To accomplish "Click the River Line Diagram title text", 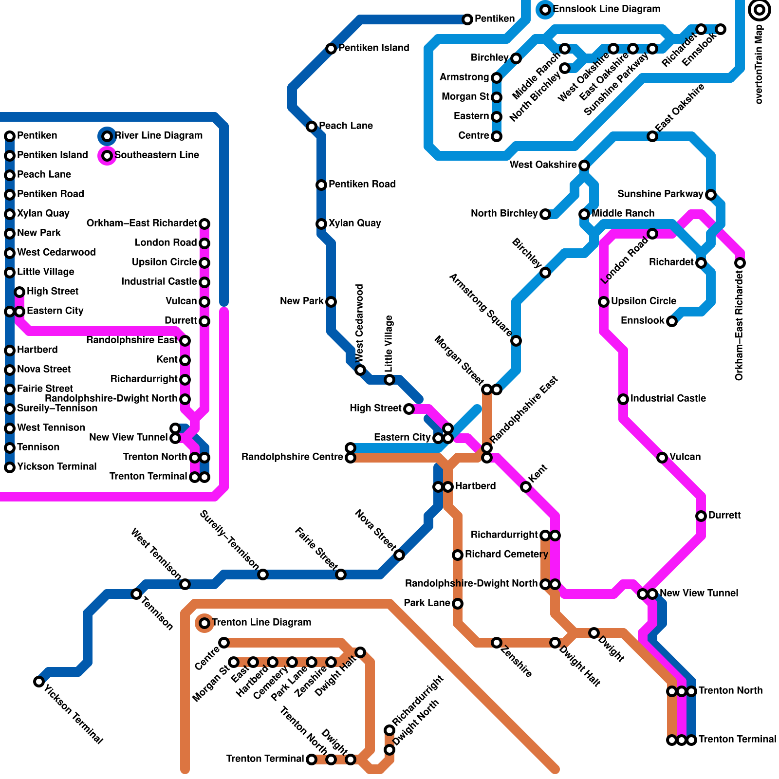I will click(x=158, y=136).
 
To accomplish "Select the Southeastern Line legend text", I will click(x=156, y=155).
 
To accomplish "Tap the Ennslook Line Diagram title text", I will click(x=606, y=9).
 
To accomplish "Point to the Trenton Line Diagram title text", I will click(x=261, y=623).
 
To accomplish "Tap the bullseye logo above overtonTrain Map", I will click(x=759, y=10).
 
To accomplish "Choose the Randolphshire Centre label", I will click(x=292, y=457).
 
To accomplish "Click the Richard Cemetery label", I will click(x=506, y=555).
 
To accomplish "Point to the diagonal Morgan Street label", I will click(x=459, y=360).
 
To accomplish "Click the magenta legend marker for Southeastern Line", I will click(x=107, y=156).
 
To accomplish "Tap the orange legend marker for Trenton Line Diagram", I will click(x=204, y=623).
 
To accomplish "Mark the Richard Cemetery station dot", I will click(x=458, y=555).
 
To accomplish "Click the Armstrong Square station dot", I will click(x=516, y=341).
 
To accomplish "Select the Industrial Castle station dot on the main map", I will click(x=623, y=399).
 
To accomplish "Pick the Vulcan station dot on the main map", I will click(x=662, y=458).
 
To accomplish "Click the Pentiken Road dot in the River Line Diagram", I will click(x=10, y=195).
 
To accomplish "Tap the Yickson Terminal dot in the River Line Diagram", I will click(x=10, y=467).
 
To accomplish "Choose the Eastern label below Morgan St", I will click(x=471, y=116).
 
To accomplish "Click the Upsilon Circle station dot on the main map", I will click(x=604, y=302).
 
